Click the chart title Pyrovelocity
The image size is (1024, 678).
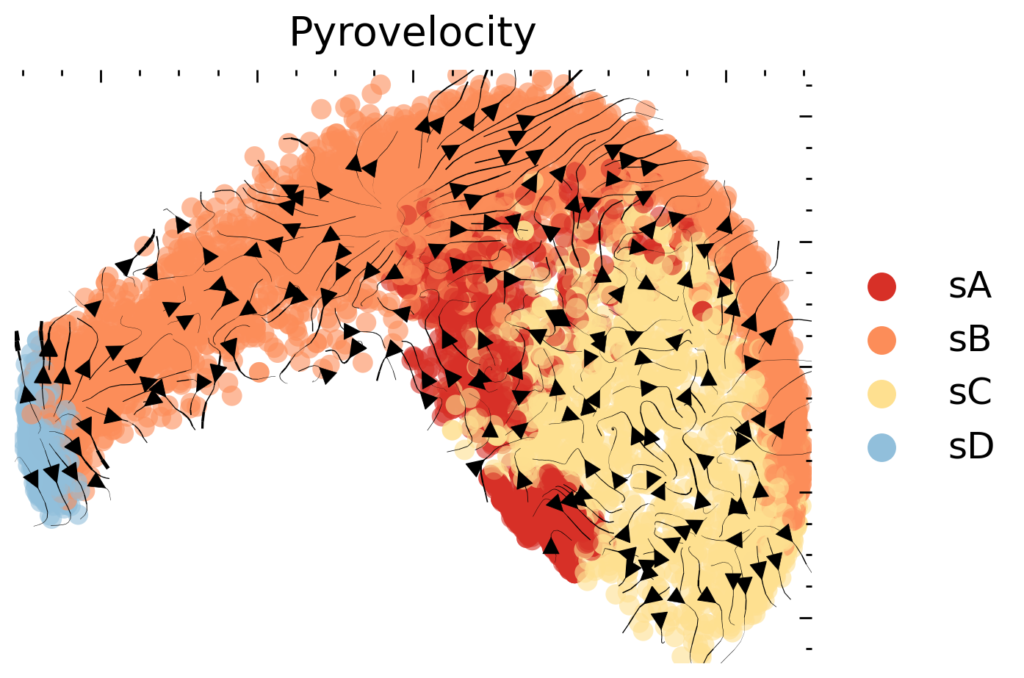412,33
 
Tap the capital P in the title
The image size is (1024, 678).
301,33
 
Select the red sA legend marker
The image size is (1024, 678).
881,286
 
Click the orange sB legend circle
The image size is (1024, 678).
881,340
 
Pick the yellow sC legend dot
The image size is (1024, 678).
881,394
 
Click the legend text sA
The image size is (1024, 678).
970,286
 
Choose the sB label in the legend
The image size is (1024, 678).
970,340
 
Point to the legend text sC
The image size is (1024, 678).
970,394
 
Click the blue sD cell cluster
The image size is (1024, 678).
44,455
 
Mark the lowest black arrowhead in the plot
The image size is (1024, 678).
660,621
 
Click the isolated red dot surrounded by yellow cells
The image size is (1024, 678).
702,310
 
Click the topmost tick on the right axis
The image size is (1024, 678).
809,85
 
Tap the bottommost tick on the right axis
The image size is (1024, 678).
809,649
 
